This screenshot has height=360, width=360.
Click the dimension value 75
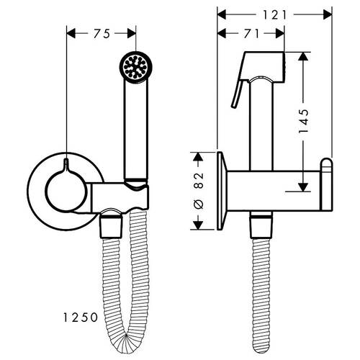pyautogui.click(x=102, y=34)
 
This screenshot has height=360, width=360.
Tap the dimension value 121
pyautogui.click(x=275, y=15)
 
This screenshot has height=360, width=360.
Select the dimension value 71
pyautogui.click(x=252, y=34)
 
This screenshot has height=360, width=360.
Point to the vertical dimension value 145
pyautogui.click(x=304, y=121)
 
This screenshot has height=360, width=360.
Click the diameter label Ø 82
pyautogui.click(x=199, y=190)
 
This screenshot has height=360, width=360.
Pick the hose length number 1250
pyautogui.click(x=81, y=149)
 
